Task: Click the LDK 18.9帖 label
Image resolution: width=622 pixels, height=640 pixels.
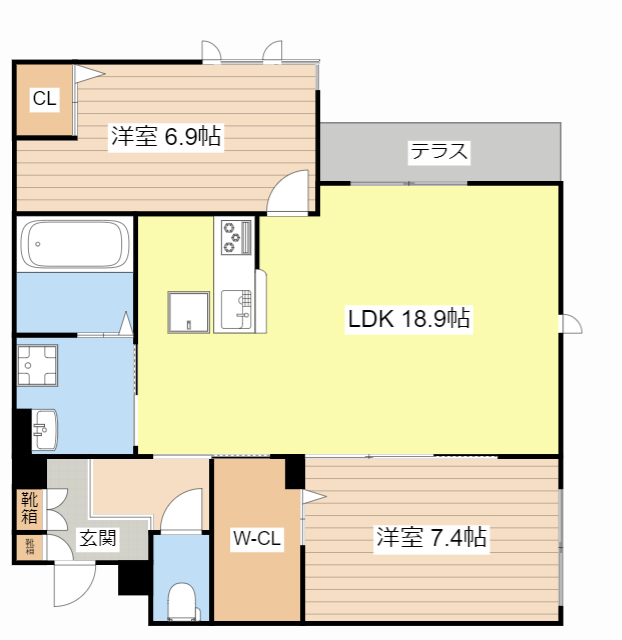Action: click(x=409, y=320)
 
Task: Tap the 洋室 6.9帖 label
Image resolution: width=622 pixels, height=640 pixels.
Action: click(x=166, y=136)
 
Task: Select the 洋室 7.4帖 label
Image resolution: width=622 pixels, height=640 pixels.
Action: click(x=431, y=538)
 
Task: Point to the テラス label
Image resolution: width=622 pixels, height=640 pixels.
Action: click(x=438, y=153)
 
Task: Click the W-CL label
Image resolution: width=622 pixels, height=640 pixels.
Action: click(x=256, y=539)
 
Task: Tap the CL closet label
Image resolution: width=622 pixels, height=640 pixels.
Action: click(x=44, y=98)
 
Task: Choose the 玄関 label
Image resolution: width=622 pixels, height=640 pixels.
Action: click(x=97, y=539)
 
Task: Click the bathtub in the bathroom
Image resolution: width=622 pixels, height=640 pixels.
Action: click(x=75, y=244)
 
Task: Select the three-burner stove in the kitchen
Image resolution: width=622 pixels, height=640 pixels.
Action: click(x=236, y=237)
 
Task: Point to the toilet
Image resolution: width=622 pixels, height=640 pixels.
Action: click(x=182, y=603)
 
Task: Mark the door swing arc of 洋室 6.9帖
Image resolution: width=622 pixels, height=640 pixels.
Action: click(x=292, y=192)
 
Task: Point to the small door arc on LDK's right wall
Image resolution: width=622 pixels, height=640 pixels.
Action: click(x=571, y=323)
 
